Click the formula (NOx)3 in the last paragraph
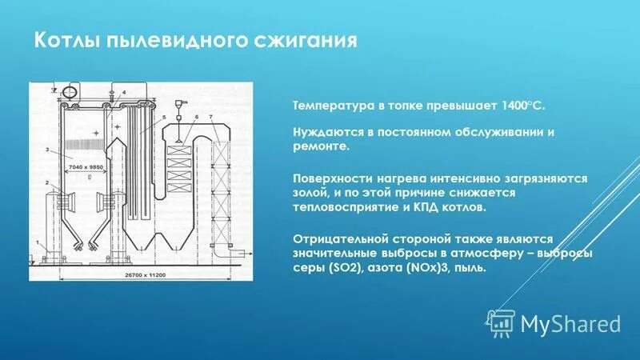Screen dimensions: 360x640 click(418, 268)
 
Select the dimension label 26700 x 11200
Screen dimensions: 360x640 click(150, 275)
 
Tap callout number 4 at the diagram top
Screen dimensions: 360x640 click(124, 93)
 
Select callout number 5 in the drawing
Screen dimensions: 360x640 click(164, 118)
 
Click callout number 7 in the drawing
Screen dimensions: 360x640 click(210, 118)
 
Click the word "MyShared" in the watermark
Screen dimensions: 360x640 click(570, 323)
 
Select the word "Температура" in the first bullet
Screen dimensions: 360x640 click(323, 105)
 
